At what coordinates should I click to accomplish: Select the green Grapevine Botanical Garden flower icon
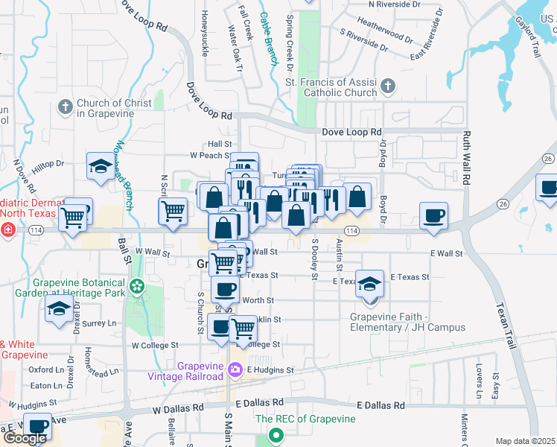pos(136,286)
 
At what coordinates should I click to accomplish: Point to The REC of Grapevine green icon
pos(276,434)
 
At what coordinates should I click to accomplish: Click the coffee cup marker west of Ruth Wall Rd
pos(433,217)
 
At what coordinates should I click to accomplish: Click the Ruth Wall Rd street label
pos(467,159)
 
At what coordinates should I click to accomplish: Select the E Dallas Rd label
pos(381,405)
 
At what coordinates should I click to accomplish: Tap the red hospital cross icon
pos(8,230)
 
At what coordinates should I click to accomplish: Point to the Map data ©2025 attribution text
pos(525,441)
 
